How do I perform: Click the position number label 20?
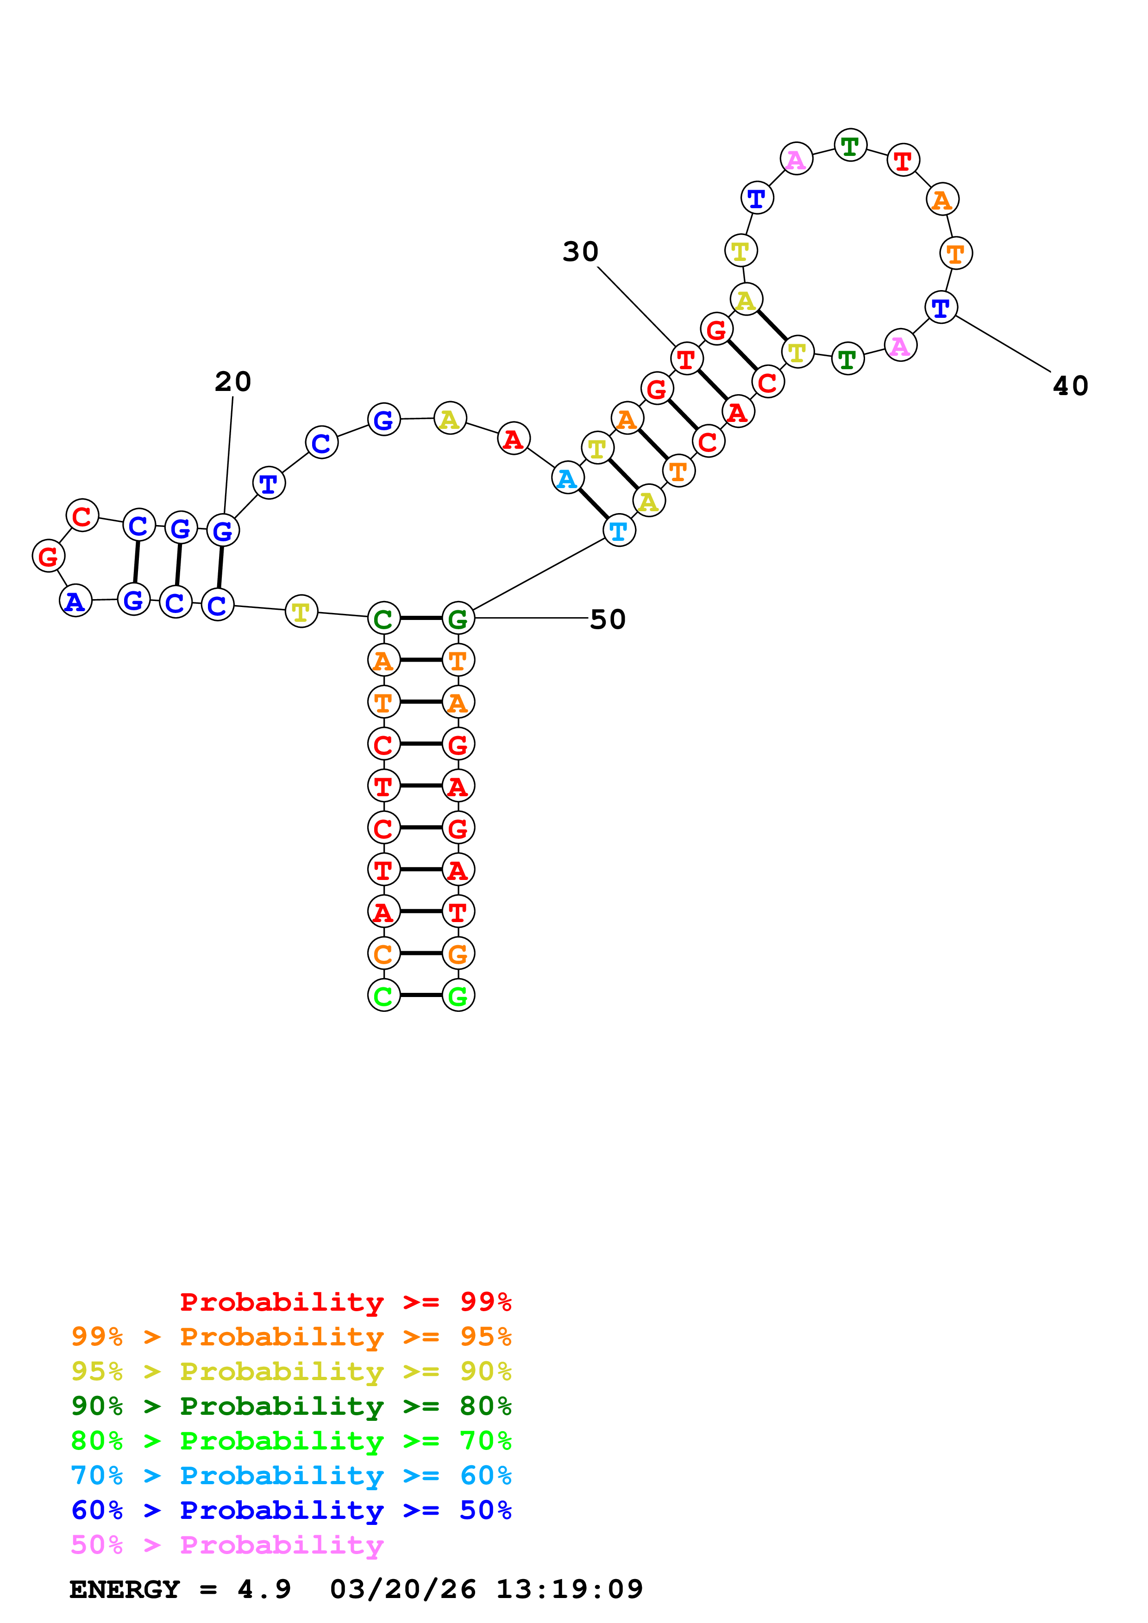click(233, 382)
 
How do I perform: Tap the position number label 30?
click(580, 252)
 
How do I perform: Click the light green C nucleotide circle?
click(383, 996)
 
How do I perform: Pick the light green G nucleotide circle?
click(458, 996)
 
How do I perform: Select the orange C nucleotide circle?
click(383, 954)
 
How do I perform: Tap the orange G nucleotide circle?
click(458, 954)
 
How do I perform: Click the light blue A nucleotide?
click(567, 478)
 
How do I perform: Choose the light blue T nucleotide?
click(619, 531)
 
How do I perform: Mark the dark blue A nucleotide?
click(75, 601)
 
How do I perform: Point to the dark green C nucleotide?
click(383, 619)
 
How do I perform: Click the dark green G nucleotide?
click(458, 619)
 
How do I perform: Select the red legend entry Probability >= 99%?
click(346, 1301)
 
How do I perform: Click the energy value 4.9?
click(264, 1589)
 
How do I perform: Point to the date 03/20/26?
click(402, 1589)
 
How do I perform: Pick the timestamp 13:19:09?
click(570, 1589)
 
